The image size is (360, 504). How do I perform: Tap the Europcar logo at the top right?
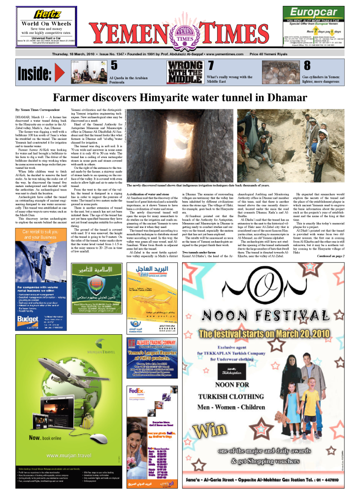313,11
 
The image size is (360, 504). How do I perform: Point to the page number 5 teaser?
114,65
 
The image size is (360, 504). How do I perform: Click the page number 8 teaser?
307,65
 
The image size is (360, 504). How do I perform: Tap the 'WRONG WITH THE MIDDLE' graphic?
185,71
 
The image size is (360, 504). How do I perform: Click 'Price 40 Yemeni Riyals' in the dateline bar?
267,54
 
